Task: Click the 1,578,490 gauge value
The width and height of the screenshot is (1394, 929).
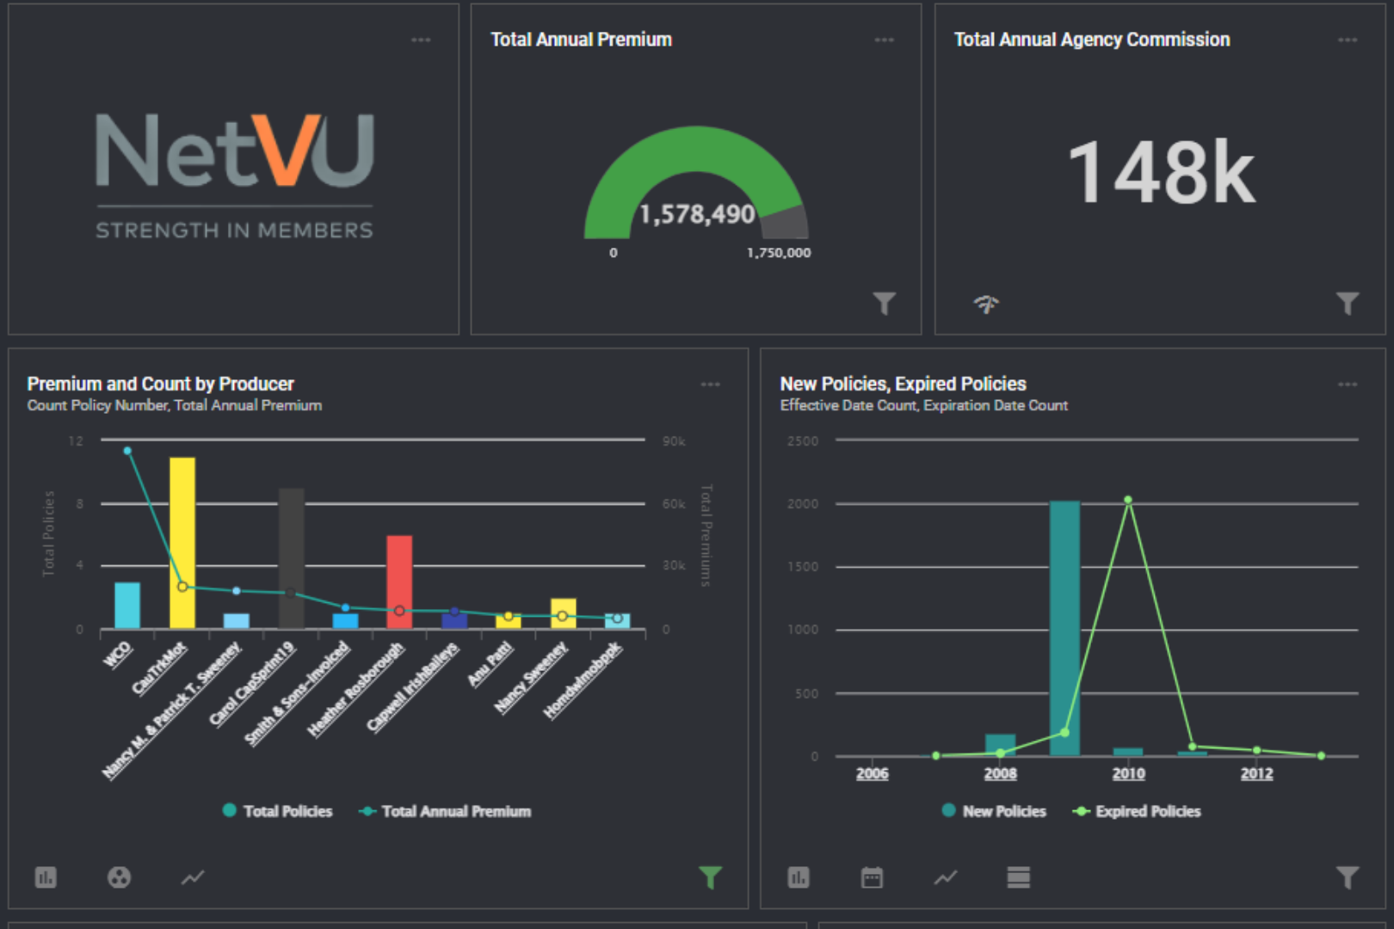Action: click(x=697, y=214)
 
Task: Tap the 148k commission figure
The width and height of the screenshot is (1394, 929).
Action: click(x=1161, y=173)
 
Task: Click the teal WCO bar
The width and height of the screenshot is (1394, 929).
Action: click(x=127, y=605)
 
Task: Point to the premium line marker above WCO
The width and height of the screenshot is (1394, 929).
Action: click(x=127, y=451)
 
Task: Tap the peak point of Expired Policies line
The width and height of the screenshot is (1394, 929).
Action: click(x=1128, y=500)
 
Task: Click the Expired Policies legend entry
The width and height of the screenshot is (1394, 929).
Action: click(x=1138, y=811)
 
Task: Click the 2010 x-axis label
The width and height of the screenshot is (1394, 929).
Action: click(x=1128, y=773)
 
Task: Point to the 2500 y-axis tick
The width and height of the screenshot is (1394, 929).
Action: click(x=802, y=441)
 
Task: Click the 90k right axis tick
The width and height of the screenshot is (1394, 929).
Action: click(x=674, y=441)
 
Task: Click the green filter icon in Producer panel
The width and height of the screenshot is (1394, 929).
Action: click(x=710, y=877)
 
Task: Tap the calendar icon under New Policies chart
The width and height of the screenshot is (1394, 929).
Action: click(x=872, y=877)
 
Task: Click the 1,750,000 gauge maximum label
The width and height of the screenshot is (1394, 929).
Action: click(x=778, y=253)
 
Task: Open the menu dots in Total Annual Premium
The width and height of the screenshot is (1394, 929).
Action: click(x=884, y=40)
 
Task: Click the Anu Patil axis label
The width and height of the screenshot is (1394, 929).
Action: click(x=490, y=664)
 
